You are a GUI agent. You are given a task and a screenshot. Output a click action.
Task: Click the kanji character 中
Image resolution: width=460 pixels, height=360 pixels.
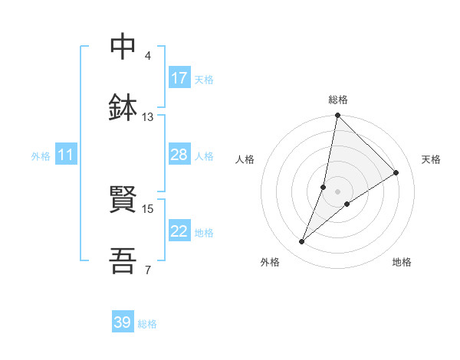tap(123, 47)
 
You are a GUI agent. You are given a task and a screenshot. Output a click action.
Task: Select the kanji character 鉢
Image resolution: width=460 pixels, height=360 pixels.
tap(123, 108)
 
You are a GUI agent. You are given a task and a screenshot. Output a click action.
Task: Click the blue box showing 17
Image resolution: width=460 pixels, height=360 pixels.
tap(179, 78)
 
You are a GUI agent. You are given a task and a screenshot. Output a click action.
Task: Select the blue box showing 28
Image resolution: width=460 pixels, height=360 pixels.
tap(179, 155)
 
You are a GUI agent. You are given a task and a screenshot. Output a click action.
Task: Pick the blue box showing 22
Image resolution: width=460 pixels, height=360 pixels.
tap(179, 231)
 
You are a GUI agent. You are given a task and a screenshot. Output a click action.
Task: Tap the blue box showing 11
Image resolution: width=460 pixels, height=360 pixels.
tap(66, 155)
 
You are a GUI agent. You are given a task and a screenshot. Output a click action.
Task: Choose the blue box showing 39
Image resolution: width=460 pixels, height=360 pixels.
tap(123, 322)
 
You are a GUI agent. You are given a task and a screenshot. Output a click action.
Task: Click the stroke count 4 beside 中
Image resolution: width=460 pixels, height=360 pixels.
tap(148, 56)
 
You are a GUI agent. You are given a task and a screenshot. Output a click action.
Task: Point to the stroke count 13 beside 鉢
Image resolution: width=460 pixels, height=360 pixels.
tap(147, 117)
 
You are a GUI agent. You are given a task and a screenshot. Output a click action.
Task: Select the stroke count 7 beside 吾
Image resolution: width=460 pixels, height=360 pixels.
tap(147, 270)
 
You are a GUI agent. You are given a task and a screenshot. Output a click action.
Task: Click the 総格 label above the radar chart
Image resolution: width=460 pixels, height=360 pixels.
tap(338, 100)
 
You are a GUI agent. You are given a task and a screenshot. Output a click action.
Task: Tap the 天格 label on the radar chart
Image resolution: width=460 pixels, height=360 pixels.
tap(431, 159)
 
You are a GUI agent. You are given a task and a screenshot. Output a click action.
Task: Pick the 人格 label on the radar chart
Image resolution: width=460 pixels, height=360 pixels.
tap(245, 159)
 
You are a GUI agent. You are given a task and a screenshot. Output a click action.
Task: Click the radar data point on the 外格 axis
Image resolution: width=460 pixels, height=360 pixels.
tap(302, 242)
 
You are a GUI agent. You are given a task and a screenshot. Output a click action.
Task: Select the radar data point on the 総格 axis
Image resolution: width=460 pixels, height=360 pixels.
tap(337, 116)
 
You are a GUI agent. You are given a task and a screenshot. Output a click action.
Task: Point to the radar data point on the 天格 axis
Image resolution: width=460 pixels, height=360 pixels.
tap(396, 172)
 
